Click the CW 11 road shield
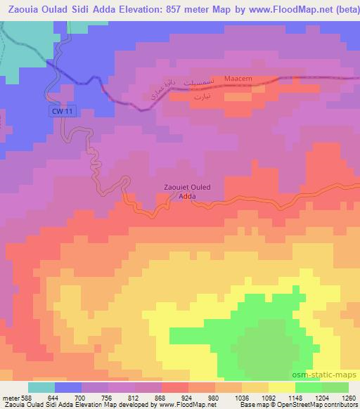tap(63, 111)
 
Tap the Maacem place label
tap(236, 79)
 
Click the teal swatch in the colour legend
tap(41, 387)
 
